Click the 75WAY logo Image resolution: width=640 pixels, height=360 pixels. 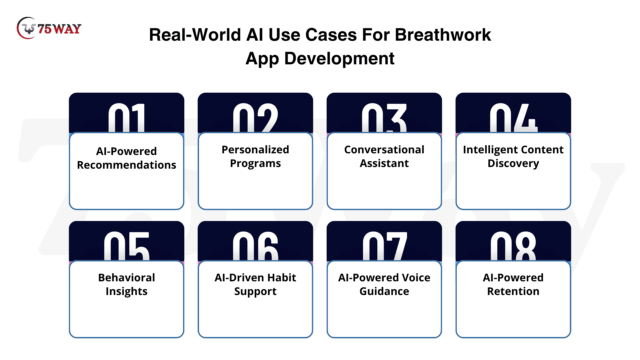click(49, 28)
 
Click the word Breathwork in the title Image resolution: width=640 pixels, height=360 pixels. click(443, 35)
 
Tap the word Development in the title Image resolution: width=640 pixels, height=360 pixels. click(339, 59)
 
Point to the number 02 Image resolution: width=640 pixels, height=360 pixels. click(255, 118)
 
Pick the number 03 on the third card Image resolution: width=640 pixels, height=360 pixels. click(384, 118)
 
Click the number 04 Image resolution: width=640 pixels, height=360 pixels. click(513, 118)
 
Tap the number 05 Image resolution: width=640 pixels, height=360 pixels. click(127, 246)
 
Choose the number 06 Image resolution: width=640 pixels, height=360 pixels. click(255, 246)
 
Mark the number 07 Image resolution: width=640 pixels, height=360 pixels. click(385, 246)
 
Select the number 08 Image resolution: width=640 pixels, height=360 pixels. click(513, 246)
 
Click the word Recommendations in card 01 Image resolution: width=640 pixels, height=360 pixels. click(127, 165)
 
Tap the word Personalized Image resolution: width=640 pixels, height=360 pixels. click(255, 150)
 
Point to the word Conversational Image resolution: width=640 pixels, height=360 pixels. click(384, 150)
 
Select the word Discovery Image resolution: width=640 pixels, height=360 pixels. click(513, 164)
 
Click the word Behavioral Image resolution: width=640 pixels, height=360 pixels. click(127, 278)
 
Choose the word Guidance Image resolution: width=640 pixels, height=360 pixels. click(384, 291)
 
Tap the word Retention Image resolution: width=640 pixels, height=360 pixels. click(513, 291)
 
